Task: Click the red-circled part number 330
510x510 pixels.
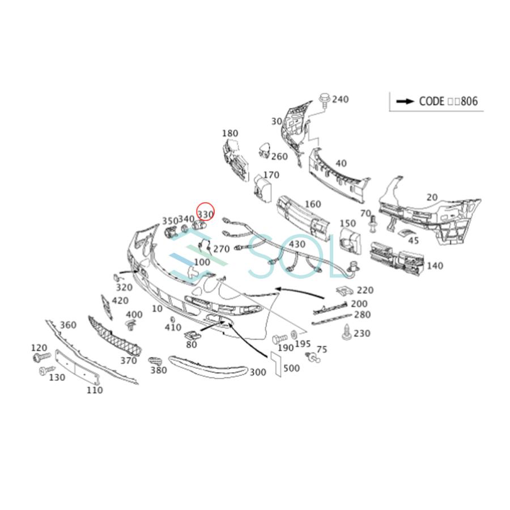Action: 205,214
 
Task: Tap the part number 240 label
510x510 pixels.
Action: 340,100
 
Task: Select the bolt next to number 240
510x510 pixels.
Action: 325,100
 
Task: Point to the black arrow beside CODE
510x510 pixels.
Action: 405,101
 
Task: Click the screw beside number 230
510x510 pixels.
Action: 346,333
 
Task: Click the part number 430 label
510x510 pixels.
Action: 297,245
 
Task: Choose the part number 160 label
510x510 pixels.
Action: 312,204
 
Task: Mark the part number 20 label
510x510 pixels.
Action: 432,197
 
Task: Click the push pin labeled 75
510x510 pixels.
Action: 313,357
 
